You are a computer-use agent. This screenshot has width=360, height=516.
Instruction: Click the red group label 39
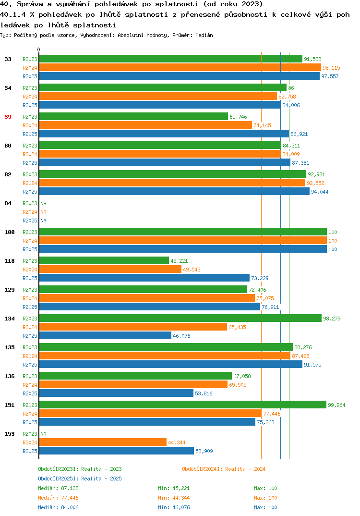coord(8,117)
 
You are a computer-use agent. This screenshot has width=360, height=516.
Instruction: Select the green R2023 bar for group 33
coord(170,59)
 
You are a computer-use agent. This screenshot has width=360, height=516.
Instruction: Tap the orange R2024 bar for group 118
coord(110,269)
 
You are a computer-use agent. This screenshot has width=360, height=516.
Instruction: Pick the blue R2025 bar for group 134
coord(105,335)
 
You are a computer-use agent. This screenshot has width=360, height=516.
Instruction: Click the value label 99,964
coord(336,405)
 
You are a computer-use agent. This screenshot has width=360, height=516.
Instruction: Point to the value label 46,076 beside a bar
coord(181,336)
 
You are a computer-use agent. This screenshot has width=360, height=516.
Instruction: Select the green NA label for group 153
coord(43,434)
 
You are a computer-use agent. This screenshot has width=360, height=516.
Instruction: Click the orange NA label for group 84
coord(43,212)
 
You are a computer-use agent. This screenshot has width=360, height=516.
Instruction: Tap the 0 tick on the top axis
coord(39,49)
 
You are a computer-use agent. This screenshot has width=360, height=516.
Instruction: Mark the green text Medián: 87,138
coord(58,488)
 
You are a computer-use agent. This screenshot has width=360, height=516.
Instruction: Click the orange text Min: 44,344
coord(174,498)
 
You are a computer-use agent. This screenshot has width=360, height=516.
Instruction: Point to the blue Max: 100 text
coord(265,507)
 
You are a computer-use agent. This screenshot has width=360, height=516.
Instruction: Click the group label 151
coord(10,405)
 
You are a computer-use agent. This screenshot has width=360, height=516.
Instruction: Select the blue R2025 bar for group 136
coord(116,393)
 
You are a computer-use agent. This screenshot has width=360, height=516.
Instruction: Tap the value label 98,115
coord(331,68)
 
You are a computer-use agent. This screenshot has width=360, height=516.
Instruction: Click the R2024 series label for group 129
coord(30,298)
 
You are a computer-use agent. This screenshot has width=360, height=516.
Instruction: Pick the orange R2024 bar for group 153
coord(103,442)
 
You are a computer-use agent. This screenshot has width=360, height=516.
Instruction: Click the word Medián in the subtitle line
coord(204,35)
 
